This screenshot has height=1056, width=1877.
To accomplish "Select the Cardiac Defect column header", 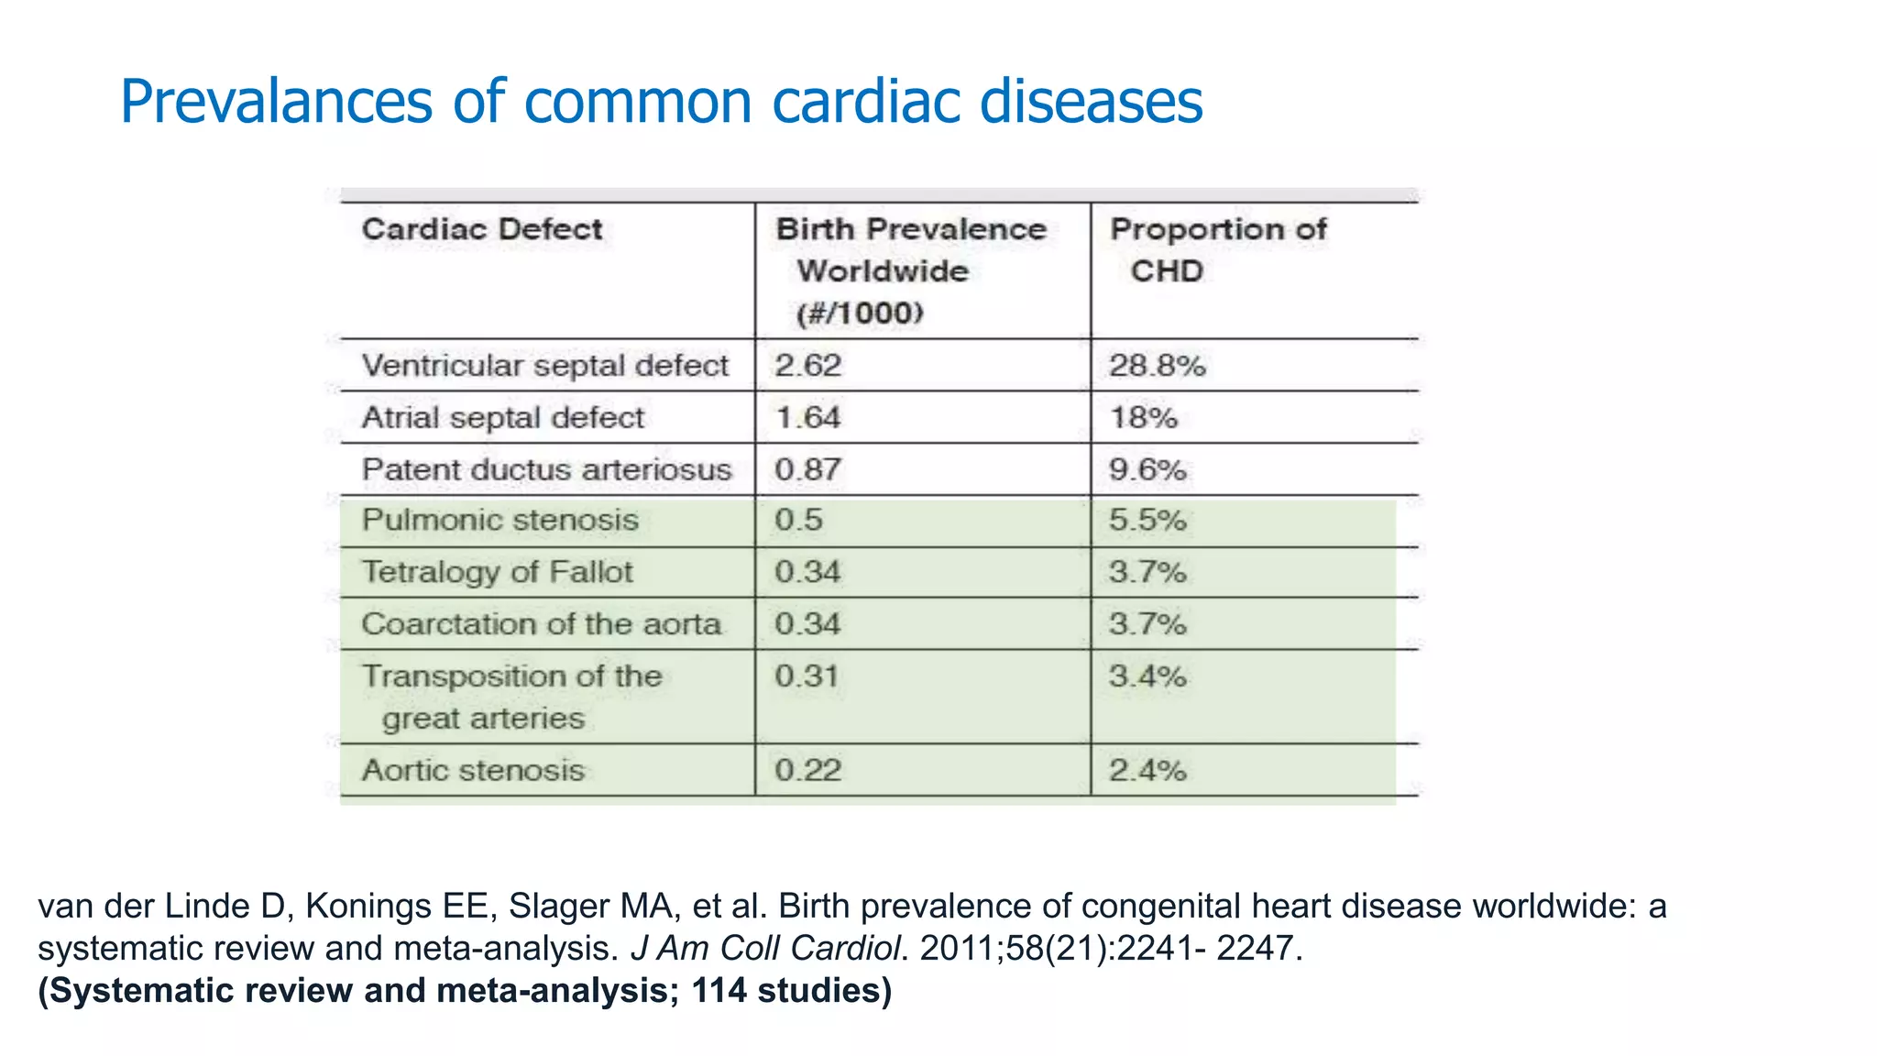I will [x=482, y=229].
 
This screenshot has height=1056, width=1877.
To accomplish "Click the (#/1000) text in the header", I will [x=860, y=313].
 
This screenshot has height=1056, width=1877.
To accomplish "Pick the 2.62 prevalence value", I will [x=807, y=366].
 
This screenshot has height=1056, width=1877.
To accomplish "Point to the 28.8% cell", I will [x=1157, y=366].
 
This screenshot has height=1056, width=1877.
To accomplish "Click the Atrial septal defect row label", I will [x=503, y=418].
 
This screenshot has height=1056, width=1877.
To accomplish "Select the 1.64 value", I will [x=807, y=418].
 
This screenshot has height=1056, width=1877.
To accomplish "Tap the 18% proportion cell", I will [x=1143, y=418].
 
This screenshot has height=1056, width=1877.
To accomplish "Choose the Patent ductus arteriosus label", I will [x=546, y=469].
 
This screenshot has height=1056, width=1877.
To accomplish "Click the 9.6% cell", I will [x=1147, y=469].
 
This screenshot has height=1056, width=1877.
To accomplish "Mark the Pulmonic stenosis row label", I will [x=499, y=520].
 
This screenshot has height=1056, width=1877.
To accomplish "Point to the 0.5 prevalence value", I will [x=798, y=520].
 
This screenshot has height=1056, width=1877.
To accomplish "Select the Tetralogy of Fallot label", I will [x=497, y=572].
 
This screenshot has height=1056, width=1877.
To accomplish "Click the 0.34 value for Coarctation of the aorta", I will [x=807, y=624].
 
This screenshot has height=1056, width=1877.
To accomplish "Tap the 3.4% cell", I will [x=1147, y=676].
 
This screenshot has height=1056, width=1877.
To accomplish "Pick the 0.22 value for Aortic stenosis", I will [x=807, y=770].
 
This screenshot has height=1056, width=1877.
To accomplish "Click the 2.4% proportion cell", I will [x=1147, y=770].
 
